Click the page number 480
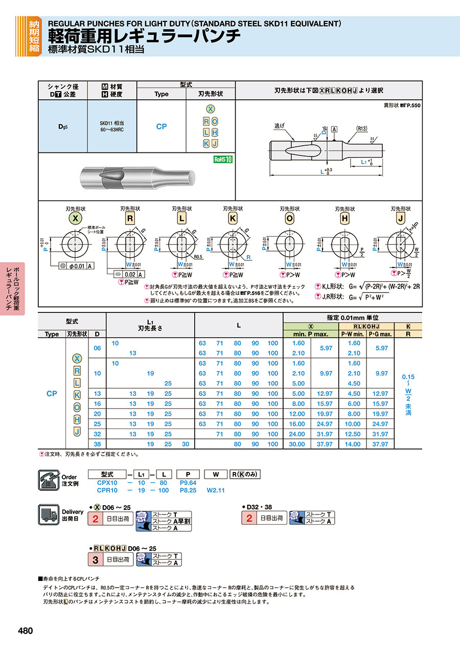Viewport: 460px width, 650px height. click(25, 631)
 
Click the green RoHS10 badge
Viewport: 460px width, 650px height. click(223, 159)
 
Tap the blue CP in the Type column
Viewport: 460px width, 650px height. click(162, 126)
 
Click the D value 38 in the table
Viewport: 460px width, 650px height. click(97, 444)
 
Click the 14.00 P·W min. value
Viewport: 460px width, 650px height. click(354, 444)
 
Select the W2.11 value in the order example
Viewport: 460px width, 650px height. click(216, 490)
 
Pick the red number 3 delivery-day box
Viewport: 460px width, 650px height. click(95, 559)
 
